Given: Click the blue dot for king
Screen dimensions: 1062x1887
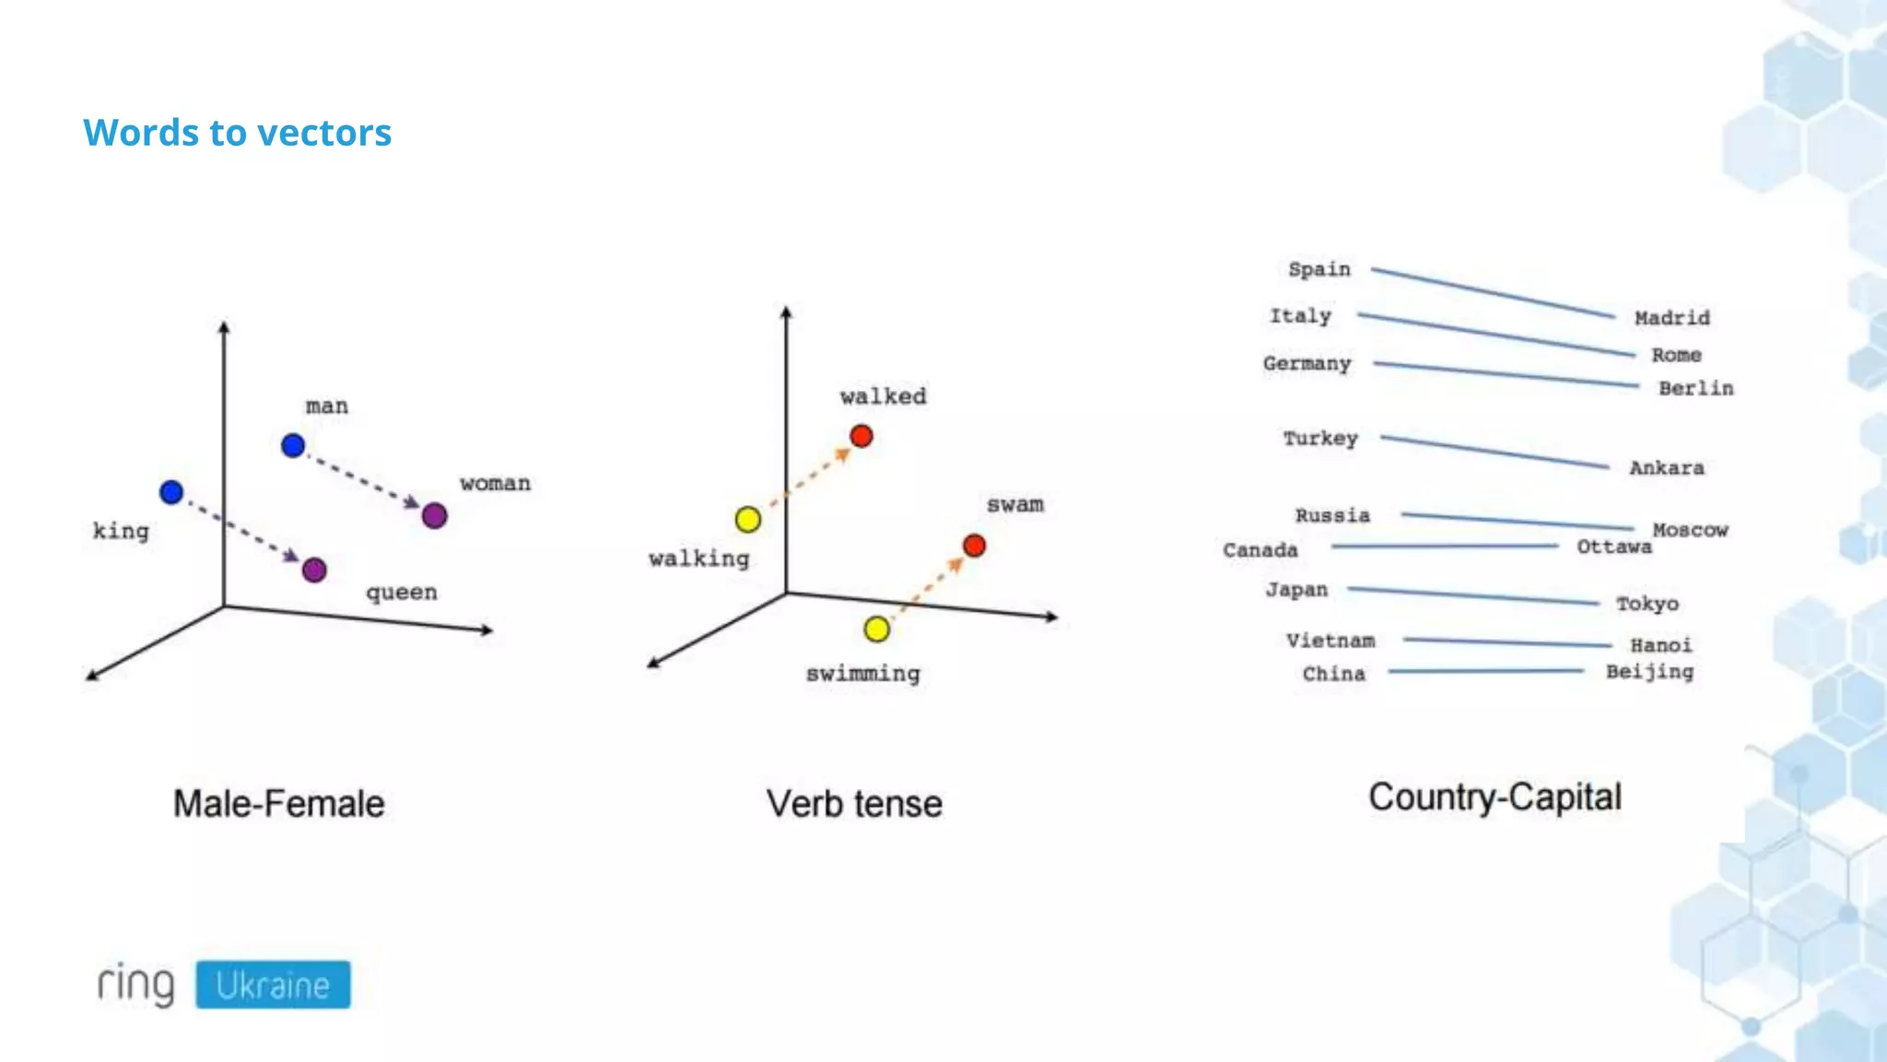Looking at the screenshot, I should (171, 492).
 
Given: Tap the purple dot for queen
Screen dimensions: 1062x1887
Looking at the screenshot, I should (314, 570).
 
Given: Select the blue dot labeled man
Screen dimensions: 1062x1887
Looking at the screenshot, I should (293, 446).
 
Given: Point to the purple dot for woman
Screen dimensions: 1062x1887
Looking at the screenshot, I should (435, 515).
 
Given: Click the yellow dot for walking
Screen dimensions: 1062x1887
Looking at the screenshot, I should (748, 520).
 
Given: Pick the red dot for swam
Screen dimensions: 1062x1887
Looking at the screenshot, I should (974, 546).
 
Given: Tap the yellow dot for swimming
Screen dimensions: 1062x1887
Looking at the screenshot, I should (877, 630).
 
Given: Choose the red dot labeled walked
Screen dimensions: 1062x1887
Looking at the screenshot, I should (861, 436).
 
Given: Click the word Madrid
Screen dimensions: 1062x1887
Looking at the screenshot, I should (1671, 318).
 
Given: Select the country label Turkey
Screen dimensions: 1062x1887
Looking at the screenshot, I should (1320, 439).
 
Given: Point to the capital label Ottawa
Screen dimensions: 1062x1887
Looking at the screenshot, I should (1613, 547).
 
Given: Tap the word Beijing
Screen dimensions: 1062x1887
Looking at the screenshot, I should (1649, 672).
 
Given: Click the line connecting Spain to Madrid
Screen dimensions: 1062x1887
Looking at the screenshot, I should (1493, 293).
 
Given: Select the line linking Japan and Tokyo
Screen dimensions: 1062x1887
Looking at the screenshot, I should (1472, 596).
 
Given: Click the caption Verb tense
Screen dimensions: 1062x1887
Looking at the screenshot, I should (854, 804).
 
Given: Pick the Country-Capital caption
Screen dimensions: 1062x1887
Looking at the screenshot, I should (1494, 797).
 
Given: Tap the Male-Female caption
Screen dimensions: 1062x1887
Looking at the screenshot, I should (279, 804).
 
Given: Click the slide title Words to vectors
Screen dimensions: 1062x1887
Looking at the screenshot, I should (238, 133).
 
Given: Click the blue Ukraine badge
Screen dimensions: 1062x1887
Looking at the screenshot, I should (273, 985).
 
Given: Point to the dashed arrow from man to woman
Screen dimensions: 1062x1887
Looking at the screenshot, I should (364, 480).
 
